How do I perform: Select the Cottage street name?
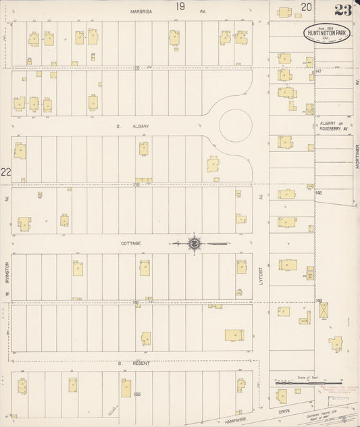(x=130, y=243)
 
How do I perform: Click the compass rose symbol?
(x=194, y=243)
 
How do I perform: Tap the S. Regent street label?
(x=134, y=363)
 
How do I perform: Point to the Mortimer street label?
(x=355, y=159)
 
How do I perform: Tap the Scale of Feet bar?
(x=308, y=382)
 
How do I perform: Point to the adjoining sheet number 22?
(x=6, y=173)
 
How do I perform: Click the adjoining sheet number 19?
(x=180, y=6)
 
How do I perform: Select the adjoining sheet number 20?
(x=307, y=7)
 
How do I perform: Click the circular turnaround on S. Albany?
(x=235, y=126)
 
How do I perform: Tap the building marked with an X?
(x=324, y=310)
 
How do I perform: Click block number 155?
(x=137, y=394)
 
